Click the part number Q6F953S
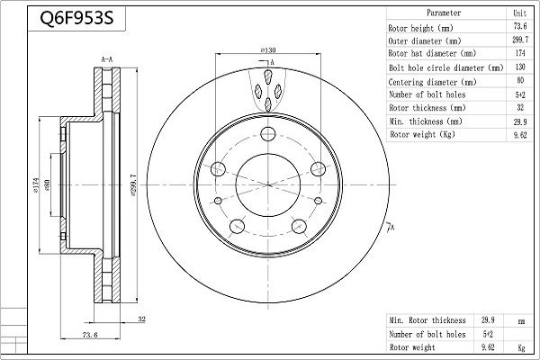click(76, 18)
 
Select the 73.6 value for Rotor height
click(520, 26)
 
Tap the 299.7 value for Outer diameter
click(520, 40)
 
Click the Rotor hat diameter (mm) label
click(432, 53)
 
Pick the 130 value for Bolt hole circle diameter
click(520, 67)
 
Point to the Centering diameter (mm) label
click(432, 82)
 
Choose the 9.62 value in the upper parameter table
click(520, 135)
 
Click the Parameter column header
click(444, 13)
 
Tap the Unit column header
click(519, 13)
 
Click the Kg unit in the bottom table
click(521, 347)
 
